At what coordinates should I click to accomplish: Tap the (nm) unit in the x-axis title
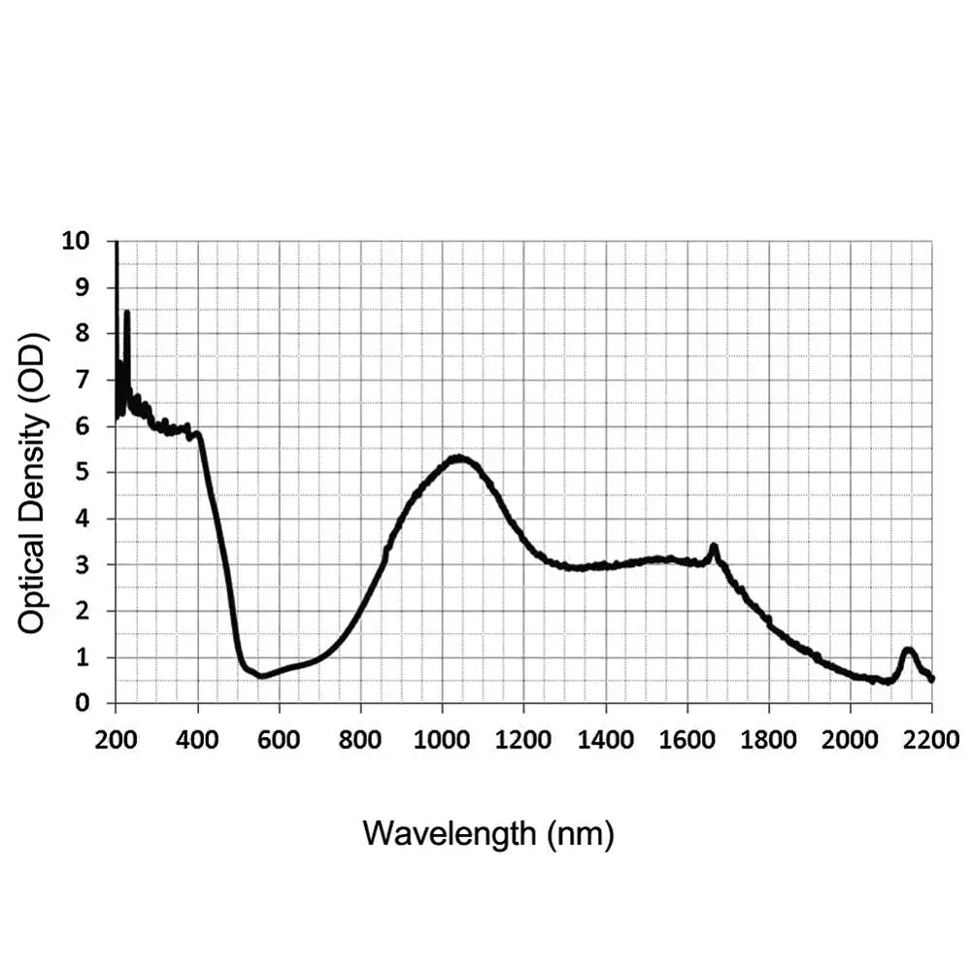tap(580, 833)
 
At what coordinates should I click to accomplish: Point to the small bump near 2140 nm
tap(908, 650)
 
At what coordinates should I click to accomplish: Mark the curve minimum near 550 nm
tap(260, 675)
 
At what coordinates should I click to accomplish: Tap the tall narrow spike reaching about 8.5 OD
tap(126, 314)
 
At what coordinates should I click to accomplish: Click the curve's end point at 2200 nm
tap(931, 679)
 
